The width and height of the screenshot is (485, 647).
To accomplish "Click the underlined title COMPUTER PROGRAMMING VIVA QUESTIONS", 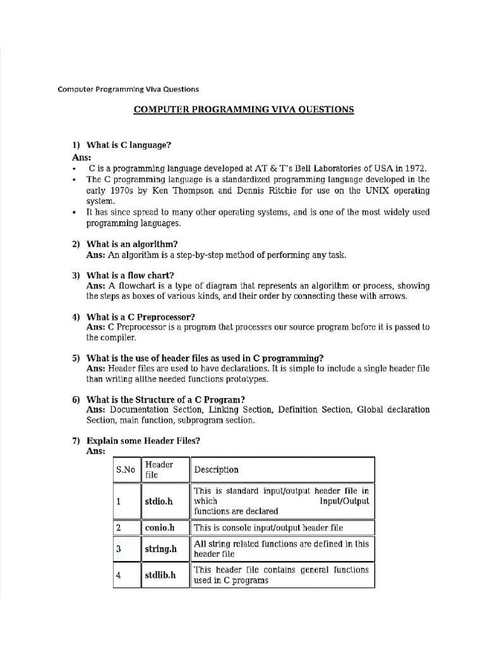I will [x=243, y=109].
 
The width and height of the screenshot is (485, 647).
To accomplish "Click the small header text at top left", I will [x=128, y=89].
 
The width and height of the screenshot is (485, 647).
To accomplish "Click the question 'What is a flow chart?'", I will [x=131, y=275].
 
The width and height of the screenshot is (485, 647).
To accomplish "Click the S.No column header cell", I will [x=126, y=470].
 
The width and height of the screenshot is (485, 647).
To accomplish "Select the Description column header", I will [x=217, y=469].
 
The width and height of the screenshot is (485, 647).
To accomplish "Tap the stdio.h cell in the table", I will [x=158, y=501].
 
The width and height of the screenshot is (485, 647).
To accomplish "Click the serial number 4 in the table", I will [x=118, y=576].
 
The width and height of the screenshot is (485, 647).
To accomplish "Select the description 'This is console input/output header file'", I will [x=268, y=528].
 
